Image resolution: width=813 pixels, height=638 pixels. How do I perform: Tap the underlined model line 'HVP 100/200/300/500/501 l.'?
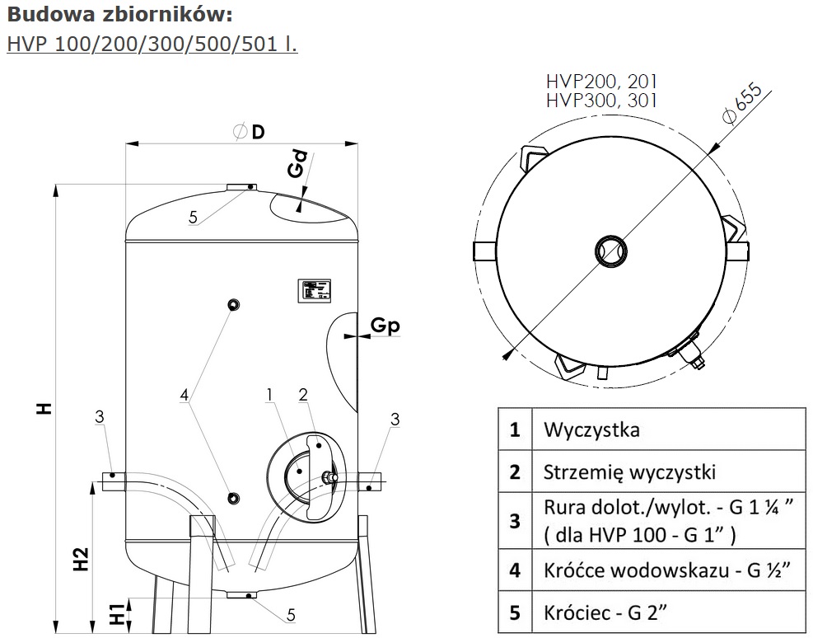pyautogui.click(x=152, y=43)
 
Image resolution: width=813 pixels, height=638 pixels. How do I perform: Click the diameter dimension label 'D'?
pyautogui.click(x=258, y=132)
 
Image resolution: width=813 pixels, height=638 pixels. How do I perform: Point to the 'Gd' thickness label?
pyautogui.click(x=298, y=163)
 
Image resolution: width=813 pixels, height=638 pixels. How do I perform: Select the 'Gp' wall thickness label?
pyautogui.click(x=384, y=326)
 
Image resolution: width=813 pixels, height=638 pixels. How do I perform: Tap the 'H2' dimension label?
pyautogui.click(x=80, y=559)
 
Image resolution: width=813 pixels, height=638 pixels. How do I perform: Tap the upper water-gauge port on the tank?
pyautogui.click(x=235, y=305)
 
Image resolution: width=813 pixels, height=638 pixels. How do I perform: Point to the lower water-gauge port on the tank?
pyautogui.click(x=235, y=497)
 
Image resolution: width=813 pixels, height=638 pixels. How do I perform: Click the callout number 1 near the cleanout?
pyautogui.click(x=269, y=396)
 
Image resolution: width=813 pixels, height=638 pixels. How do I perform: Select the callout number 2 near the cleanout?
pyautogui.click(x=303, y=395)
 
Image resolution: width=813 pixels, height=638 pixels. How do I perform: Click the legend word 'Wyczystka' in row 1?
pyautogui.click(x=591, y=429)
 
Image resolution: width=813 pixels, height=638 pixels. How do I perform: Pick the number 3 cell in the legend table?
pyautogui.click(x=515, y=521)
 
